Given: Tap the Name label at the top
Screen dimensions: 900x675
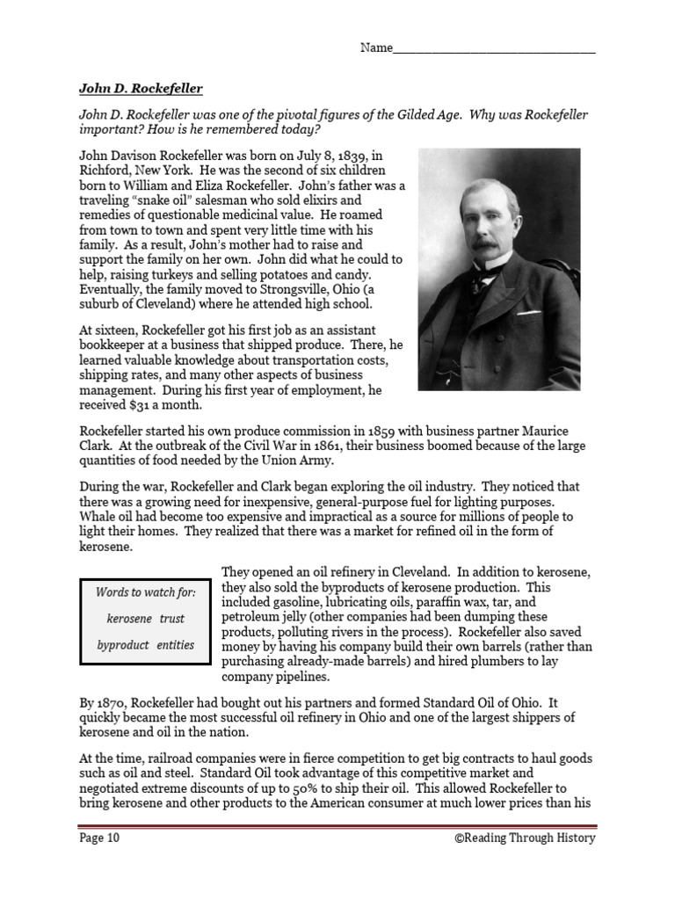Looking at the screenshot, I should tap(375, 47).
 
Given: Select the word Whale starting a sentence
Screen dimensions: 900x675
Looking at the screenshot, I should tap(98, 516).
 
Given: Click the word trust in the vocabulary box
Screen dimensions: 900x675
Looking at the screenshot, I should tap(172, 619).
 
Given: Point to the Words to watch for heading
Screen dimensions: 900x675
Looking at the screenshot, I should tap(145, 592).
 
